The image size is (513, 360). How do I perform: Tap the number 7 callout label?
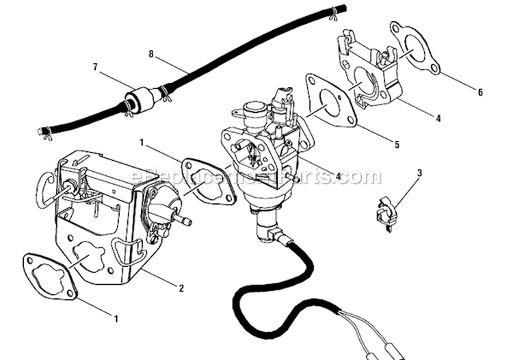(x=96, y=67)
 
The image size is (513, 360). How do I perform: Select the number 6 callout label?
(x=480, y=92)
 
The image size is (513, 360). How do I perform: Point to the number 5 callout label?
(x=397, y=145)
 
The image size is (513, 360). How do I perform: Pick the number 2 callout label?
(x=181, y=288)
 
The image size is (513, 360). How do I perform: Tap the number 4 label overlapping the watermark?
(x=339, y=177)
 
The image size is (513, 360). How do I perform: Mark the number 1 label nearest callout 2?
(x=116, y=319)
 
